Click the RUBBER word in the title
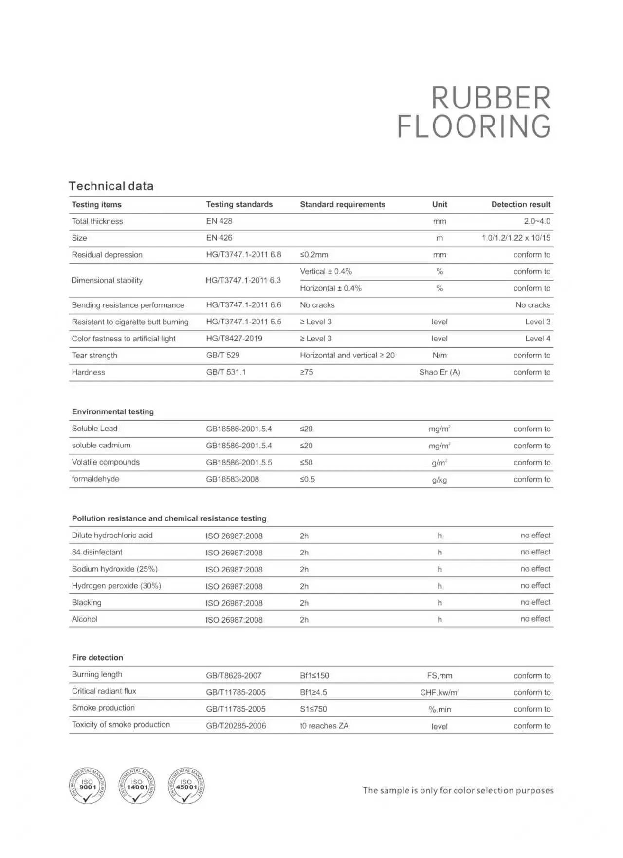(x=491, y=98)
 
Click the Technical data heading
(x=111, y=186)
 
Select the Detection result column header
(x=520, y=204)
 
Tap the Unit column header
(x=440, y=204)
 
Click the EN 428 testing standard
(x=219, y=221)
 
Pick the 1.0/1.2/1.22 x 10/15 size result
(x=515, y=238)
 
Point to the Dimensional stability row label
(x=107, y=280)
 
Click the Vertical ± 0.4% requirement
(x=326, y=271)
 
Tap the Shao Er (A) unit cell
(x=440, y=372)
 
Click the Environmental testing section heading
(x=113, y=411)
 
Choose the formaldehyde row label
(x=95, y=479)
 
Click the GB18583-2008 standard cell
(x=232, y=479)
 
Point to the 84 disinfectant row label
(x=97, y=552)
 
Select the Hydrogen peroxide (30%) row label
(x=116, y=586)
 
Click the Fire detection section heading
(x=97, y=657)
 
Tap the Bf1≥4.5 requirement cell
(x=313, y=692)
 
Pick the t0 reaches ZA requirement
(x=324, y=726)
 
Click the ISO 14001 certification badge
(x=137, y=786)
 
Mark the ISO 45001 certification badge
(x=186, y=786)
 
